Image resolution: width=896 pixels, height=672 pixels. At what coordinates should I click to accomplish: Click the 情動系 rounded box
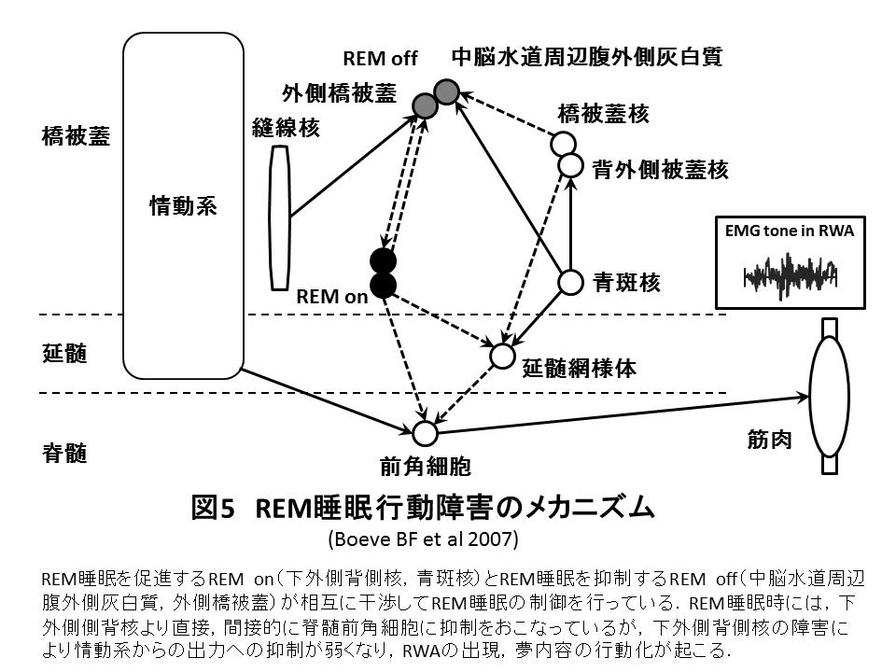[x=183, y=205]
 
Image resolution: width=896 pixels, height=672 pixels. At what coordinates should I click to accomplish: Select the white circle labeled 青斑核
[x=569, y=281]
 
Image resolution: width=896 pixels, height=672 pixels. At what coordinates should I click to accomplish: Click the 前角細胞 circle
[x=425, y=433]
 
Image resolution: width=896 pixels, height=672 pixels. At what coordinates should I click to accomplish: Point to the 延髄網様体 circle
[x=502, y=356]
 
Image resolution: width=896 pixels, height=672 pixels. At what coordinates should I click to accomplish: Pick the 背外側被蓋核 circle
[x=569, y=165]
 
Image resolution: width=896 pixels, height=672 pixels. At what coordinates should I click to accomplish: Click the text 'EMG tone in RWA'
[x=789, y=231]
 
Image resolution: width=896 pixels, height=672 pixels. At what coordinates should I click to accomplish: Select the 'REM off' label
[x=380, y=59]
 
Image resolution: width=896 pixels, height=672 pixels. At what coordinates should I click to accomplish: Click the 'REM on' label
[x=332, y=297]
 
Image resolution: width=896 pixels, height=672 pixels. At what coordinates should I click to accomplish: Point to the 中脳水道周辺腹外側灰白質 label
[x=587, y=57]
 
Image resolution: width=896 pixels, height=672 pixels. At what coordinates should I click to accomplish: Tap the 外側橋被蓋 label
[x=339, y=94]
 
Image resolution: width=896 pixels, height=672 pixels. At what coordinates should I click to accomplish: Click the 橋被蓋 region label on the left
[x=77, y=137]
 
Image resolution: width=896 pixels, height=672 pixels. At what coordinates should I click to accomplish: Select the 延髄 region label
[x=64, y=354]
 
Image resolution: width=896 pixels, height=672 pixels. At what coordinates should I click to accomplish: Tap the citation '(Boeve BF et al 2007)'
[x=423, y=539]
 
